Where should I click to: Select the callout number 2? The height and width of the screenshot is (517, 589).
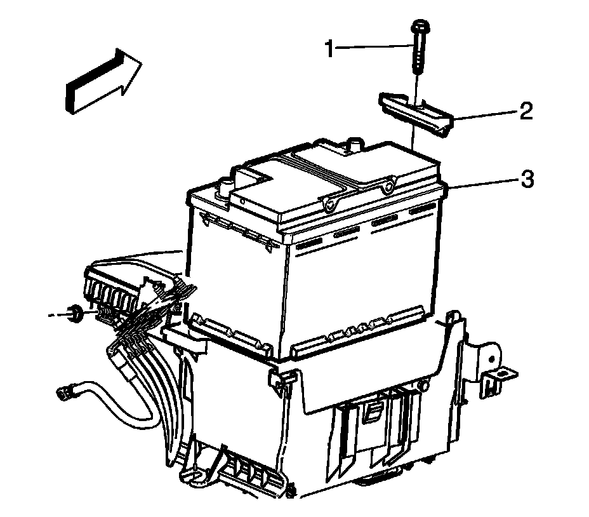point(525,112)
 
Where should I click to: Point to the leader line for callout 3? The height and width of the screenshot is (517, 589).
point(482,184)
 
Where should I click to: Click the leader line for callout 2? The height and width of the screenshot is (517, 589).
point(486,115)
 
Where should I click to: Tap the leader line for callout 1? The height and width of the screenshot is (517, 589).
point(374,47)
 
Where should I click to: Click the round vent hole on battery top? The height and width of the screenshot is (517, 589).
point(329,205)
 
